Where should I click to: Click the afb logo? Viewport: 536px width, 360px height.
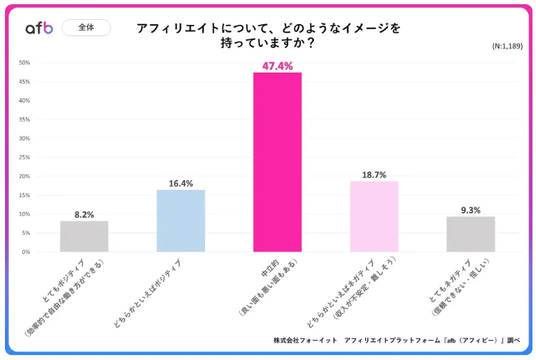coord(39,28)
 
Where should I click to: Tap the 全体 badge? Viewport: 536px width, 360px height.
coord(86,28)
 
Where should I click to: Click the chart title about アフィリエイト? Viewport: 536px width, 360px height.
coord(268,35)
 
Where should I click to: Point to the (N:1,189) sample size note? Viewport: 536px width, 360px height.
coord(508,46)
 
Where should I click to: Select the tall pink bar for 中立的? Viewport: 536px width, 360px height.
coord(278,162)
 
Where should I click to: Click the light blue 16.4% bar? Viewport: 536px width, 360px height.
coord(181,221)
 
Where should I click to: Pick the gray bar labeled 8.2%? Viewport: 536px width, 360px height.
coord(84,236)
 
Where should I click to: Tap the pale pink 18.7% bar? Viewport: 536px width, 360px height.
coord(374,216)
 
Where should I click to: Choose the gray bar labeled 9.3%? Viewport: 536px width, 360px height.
coord(471,234)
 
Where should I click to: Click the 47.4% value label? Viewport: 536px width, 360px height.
coord(278,65)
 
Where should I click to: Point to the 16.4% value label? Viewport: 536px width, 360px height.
coord(181,183)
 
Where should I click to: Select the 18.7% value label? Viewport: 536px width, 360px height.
coord(374,174)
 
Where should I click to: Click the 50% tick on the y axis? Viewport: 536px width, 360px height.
coord(24,63)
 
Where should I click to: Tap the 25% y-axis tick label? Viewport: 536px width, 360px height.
coord(24,157)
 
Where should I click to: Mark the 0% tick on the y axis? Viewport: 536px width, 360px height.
coord(26,252)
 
